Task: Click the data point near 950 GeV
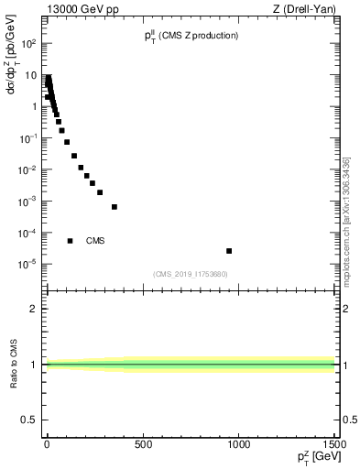(229, 251)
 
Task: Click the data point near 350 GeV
(115, 207)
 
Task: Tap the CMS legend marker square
(70, 241)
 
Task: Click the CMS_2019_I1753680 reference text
(190, 274)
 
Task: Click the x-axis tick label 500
(143, 445)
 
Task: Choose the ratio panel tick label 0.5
(27, 420)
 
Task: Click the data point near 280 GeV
(100, 192)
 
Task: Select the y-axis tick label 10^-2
(28, 169)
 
